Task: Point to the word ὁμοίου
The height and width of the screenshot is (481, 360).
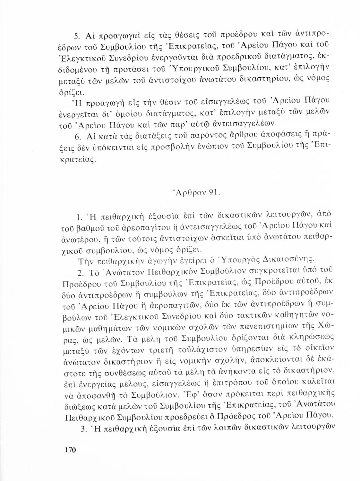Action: click(x=127, y=113)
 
